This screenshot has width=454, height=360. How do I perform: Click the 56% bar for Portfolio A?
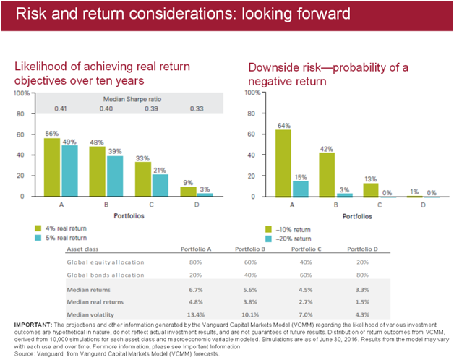pyautogui.click(x=51, y=167)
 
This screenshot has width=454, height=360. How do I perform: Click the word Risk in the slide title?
pyautogui.click(x=25, y=15)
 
